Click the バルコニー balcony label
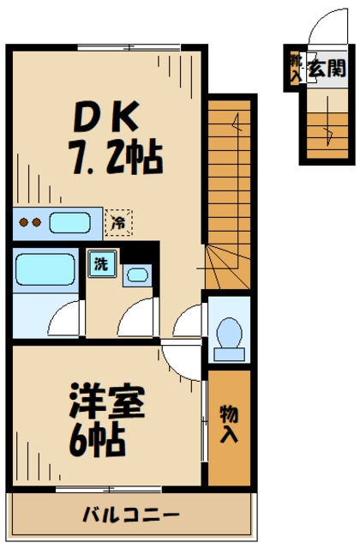[x=131, y=515]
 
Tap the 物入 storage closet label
[x=228, y=424]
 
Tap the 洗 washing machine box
[x=100, y=264]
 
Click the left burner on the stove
[x=24, y=224]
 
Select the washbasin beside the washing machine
[x=135, y=274]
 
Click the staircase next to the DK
[x=229, y=189]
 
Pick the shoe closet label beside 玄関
[x=296, y=69]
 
